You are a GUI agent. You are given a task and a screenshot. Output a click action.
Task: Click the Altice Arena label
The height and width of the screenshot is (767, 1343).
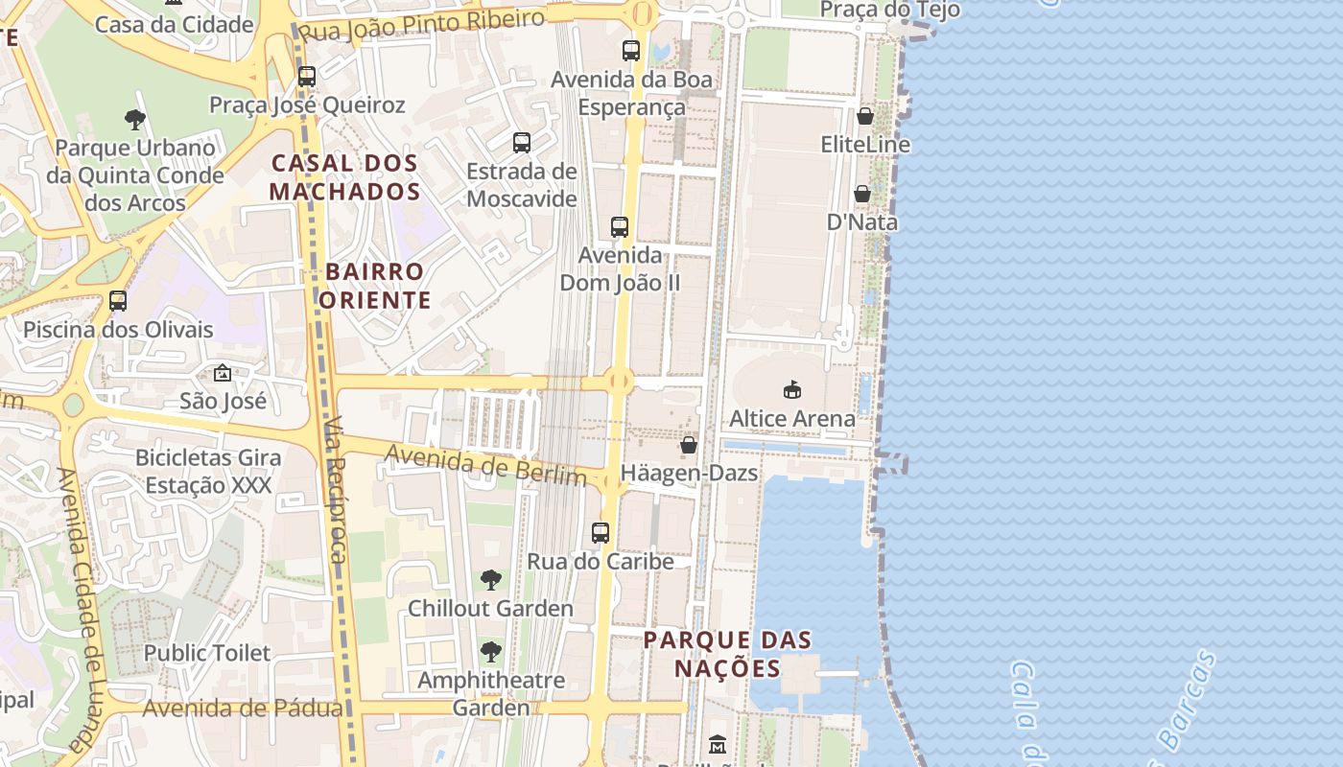coord(791,419)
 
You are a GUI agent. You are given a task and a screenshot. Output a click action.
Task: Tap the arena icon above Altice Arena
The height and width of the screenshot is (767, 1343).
coord(792,389)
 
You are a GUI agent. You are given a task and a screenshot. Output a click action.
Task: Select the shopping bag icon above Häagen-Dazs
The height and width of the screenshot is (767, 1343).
coord(689,445)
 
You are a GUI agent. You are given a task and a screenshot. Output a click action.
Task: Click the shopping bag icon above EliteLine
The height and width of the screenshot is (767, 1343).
coord(864,116)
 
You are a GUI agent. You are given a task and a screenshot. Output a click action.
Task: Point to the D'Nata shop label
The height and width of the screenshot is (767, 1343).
coord(862,222)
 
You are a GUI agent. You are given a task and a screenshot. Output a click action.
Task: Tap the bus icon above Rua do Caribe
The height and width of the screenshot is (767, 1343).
coord(601,532)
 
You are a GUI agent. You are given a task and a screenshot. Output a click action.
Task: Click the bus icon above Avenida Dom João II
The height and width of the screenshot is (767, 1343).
coord(620,227)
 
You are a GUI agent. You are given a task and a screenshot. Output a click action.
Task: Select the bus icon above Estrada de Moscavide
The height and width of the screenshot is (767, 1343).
coord(522,143)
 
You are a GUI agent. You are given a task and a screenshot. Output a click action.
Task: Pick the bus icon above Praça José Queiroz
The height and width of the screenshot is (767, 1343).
coord(307,76)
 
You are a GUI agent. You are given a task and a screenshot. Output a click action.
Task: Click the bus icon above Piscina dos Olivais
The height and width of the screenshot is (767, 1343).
coord(118,301)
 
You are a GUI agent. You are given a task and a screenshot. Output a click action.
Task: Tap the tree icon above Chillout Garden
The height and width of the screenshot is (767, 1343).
coord(490,579)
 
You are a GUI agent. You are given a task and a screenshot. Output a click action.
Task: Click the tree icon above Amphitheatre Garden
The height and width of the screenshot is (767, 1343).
coord(490,652)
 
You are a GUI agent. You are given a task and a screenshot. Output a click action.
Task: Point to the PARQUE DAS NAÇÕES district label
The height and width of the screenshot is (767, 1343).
coord(727,654)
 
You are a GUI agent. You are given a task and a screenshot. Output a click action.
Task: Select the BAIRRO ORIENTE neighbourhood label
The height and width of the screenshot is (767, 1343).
coord(375,286)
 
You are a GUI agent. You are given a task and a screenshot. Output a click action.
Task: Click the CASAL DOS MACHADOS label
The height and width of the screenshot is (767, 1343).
coord(345,177)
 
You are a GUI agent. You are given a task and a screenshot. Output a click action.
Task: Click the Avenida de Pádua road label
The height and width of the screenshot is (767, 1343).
coord(243,709)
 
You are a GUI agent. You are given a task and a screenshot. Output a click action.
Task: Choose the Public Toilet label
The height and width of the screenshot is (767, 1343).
coord(207,653)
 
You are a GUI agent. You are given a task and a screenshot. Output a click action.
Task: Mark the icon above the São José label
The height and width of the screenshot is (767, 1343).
coord(223,373)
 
